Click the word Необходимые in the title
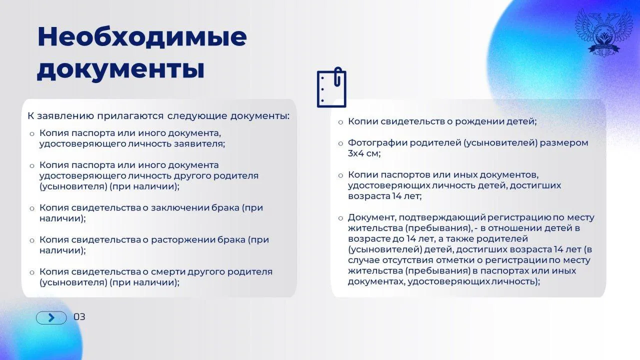142,36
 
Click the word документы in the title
121,69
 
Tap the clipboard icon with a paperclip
331,87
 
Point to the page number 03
79,317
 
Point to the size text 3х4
355,153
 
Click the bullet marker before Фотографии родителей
340,143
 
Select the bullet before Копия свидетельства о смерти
32,272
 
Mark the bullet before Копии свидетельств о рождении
340,122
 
